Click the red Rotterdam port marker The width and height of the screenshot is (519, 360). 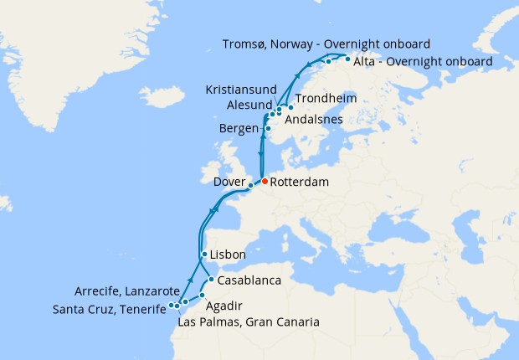click(x=265, y=181)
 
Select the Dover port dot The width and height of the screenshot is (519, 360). click(x=250, y=186)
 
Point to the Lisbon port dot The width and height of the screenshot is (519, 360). click(x=204, y=254)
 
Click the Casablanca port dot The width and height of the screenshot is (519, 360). click(x=212, y=279)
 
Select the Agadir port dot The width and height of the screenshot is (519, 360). click(x=201, y=296)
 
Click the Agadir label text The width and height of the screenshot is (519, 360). click(x=224, y=306)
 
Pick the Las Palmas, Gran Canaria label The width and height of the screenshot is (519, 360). click(x=249, y=321)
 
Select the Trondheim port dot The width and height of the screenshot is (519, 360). click(x=290, y=107)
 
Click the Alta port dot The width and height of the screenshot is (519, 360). click(x=347, y=60)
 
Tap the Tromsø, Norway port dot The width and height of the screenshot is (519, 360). click(x=328, y=61)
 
